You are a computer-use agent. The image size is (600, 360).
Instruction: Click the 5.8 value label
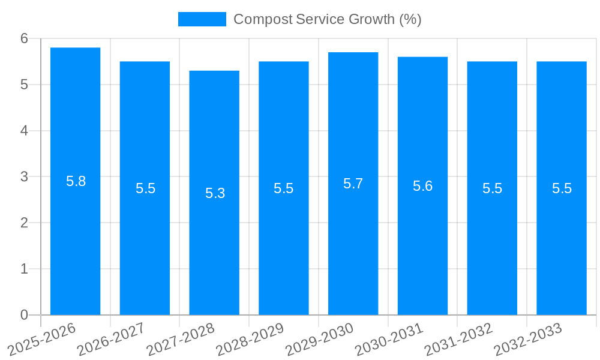tap(76, 181)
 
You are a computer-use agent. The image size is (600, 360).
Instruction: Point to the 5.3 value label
tap(215, 193)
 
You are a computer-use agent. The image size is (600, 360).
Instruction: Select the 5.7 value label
tap(353, 184)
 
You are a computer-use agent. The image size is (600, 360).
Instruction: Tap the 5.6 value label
tap(422, 186)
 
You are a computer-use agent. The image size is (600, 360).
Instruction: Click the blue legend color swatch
tap(202, 19)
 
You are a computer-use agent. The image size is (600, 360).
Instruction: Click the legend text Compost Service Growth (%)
tap(327, 19)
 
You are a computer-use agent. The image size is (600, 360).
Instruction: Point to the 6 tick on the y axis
tap(25, 38)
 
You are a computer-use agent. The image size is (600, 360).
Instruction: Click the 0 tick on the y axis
tap(25, 315)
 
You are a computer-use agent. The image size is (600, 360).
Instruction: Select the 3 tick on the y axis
tap(25, 177)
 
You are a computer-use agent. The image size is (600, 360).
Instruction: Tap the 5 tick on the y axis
tap(25, 85)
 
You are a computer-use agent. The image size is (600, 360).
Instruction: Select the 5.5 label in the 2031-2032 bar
tap(492, 188)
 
